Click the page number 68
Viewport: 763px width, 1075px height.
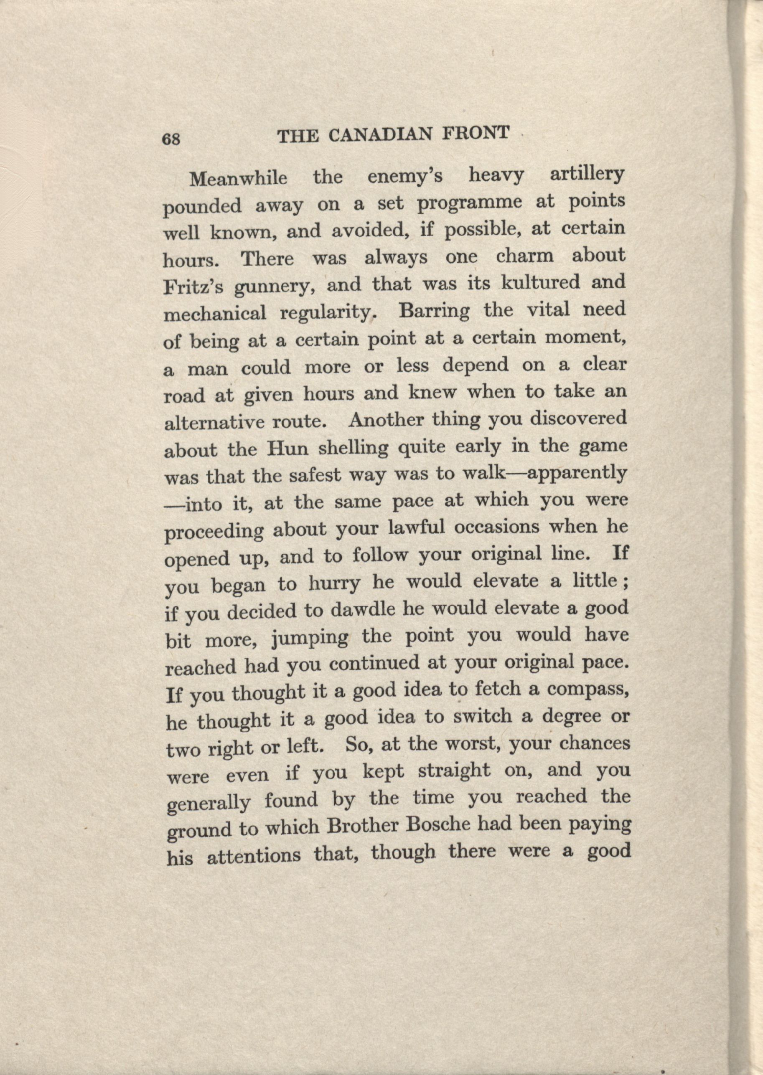(171, 139)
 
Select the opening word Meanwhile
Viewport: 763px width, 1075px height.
(238, 178)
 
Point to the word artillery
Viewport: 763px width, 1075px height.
(587, 174)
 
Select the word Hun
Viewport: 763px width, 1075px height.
(287, 449)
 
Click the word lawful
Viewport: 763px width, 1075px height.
(417, 528)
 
